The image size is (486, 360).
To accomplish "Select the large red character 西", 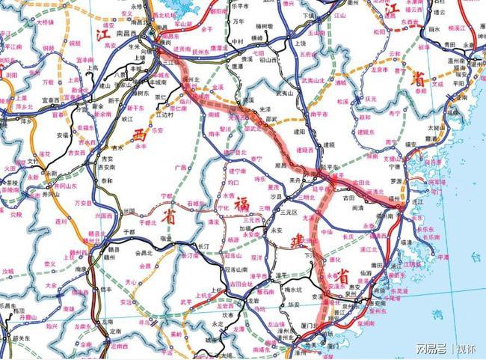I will pos(140,134).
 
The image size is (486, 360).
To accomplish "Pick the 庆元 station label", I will pos(371,98).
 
